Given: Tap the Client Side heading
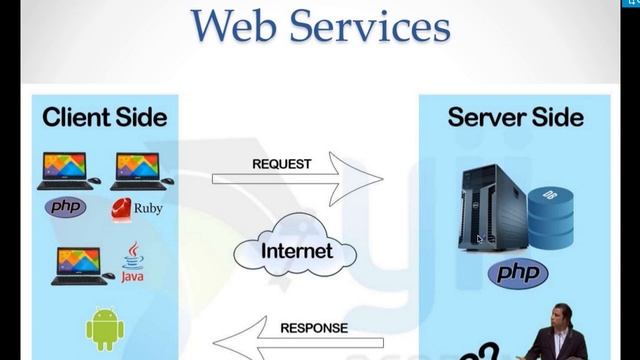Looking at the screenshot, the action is (104, 117).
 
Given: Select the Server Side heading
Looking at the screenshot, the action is (515, 117).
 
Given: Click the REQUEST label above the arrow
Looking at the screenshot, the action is (281, 164).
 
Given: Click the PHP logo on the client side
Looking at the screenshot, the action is (66, 208).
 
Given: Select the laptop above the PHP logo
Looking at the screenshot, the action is (66, 171).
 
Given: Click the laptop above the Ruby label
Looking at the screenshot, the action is (137, 171).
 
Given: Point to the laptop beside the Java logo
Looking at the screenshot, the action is (81, 265).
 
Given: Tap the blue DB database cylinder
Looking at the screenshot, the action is (551, 216).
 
